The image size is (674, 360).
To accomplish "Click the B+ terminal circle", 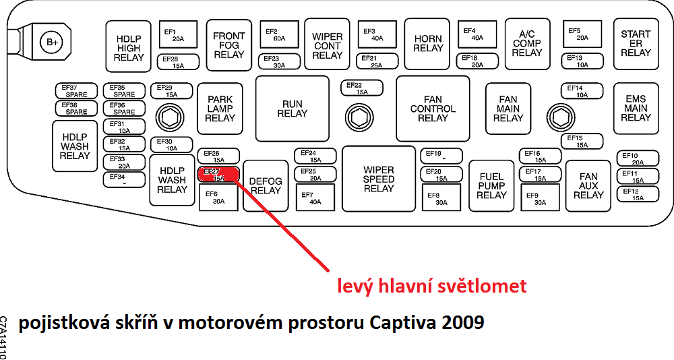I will (x=51, y=42).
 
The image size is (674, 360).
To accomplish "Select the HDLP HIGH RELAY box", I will (x=129, y=48).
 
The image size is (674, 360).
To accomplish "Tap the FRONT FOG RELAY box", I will (x=229, y=45).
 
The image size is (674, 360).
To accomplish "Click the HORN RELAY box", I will (x=428, y=44).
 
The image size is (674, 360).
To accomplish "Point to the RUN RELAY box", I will (x=293, y=109).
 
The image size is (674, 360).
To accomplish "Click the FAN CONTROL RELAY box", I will (x=433, y=109).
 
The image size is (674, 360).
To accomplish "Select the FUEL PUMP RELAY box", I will (x=491, y=185).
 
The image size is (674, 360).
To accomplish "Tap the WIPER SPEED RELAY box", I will (x=379, y=179).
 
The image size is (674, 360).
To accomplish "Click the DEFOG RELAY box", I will (x=266, y=185).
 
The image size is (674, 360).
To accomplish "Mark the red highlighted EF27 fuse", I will (x=218, y=175).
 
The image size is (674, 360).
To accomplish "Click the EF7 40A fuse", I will (x=315, y=198).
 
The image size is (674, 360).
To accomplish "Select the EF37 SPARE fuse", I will (x=76, y=91).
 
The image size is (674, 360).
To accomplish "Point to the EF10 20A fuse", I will (x=638, y=159).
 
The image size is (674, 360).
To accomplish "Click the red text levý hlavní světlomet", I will (x=431, y=286).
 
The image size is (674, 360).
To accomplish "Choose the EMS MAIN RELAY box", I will (x=636, y=108).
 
